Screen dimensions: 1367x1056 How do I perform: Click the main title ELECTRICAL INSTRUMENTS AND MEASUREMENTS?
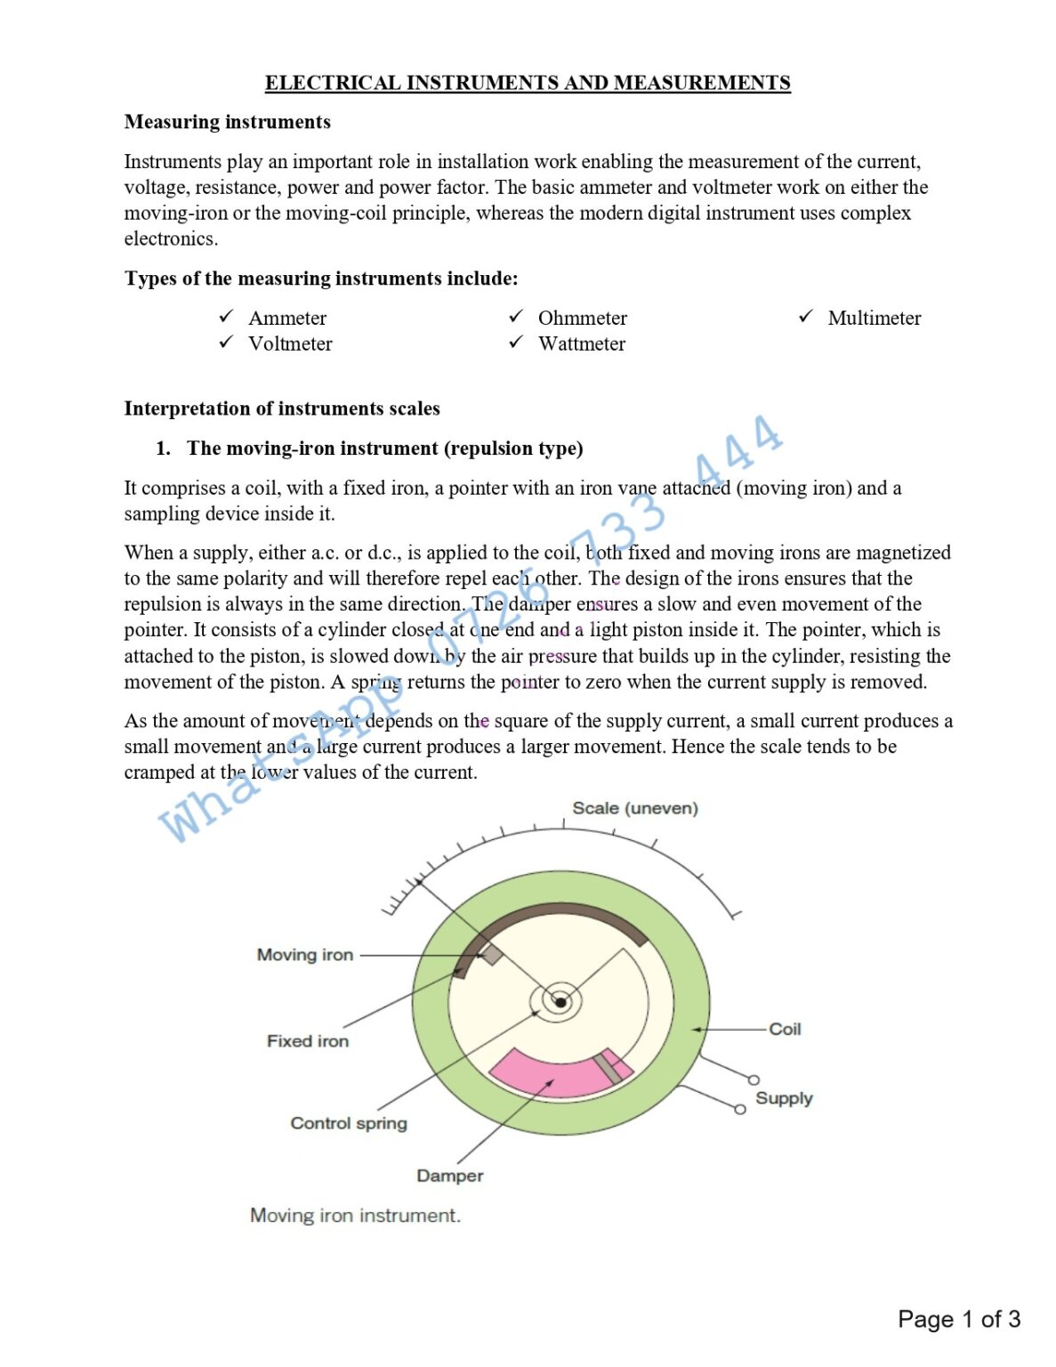coord(528,83)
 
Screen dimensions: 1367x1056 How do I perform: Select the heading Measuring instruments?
coord(227,122)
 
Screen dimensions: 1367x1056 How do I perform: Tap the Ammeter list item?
coord(286,318)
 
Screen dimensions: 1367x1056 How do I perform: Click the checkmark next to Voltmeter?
coord(226,343)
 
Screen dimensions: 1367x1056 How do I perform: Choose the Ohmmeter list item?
coord(582,318)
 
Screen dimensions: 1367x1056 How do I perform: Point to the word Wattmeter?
coord(581,344)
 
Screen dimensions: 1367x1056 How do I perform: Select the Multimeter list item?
coord(874,318)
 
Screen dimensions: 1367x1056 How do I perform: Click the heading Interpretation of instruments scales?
coord(282,408)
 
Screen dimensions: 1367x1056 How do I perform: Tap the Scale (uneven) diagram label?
coord(634,808)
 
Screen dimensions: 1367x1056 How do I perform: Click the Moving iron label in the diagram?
coord(304,955)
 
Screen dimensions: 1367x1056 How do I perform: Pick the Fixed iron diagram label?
coord(307,1041)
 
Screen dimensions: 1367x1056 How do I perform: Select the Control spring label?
coord(348,1123)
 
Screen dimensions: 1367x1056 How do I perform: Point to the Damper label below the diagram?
coord(449,1176)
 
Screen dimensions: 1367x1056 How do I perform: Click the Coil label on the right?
coord(785,1029)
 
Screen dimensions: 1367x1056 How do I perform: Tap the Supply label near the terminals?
coord(784,1098)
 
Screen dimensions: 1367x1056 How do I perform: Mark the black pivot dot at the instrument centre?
coord(560,1003)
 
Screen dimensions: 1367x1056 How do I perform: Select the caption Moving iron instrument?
coord(355,1216)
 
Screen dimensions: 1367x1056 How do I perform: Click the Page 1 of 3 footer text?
coord(958,1319)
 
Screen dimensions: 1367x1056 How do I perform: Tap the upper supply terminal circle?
coord(754,1080)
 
